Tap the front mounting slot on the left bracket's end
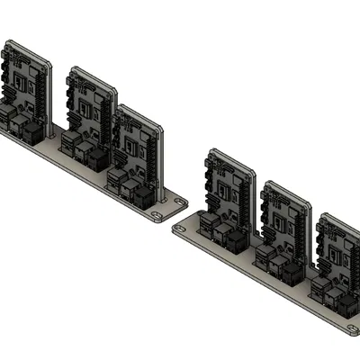coord(159,216)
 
